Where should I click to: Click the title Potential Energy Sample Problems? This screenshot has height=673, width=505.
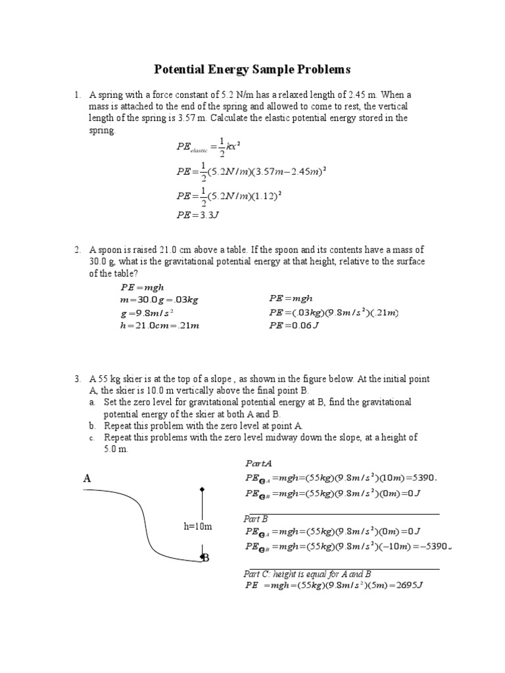252,69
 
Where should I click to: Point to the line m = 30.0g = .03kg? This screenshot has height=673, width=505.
159,300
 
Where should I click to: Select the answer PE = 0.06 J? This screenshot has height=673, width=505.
294,325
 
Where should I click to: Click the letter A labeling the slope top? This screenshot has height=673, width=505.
86,479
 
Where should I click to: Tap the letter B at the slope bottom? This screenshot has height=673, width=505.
205,558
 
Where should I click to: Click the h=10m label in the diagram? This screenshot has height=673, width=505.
197,526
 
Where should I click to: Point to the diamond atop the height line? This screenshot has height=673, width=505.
203,489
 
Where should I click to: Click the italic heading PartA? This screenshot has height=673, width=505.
258,464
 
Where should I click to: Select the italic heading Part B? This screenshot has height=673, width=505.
256,519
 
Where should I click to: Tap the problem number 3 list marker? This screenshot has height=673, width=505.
77,379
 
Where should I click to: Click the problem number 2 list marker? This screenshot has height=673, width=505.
77,250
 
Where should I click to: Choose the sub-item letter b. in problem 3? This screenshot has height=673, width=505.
93,425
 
